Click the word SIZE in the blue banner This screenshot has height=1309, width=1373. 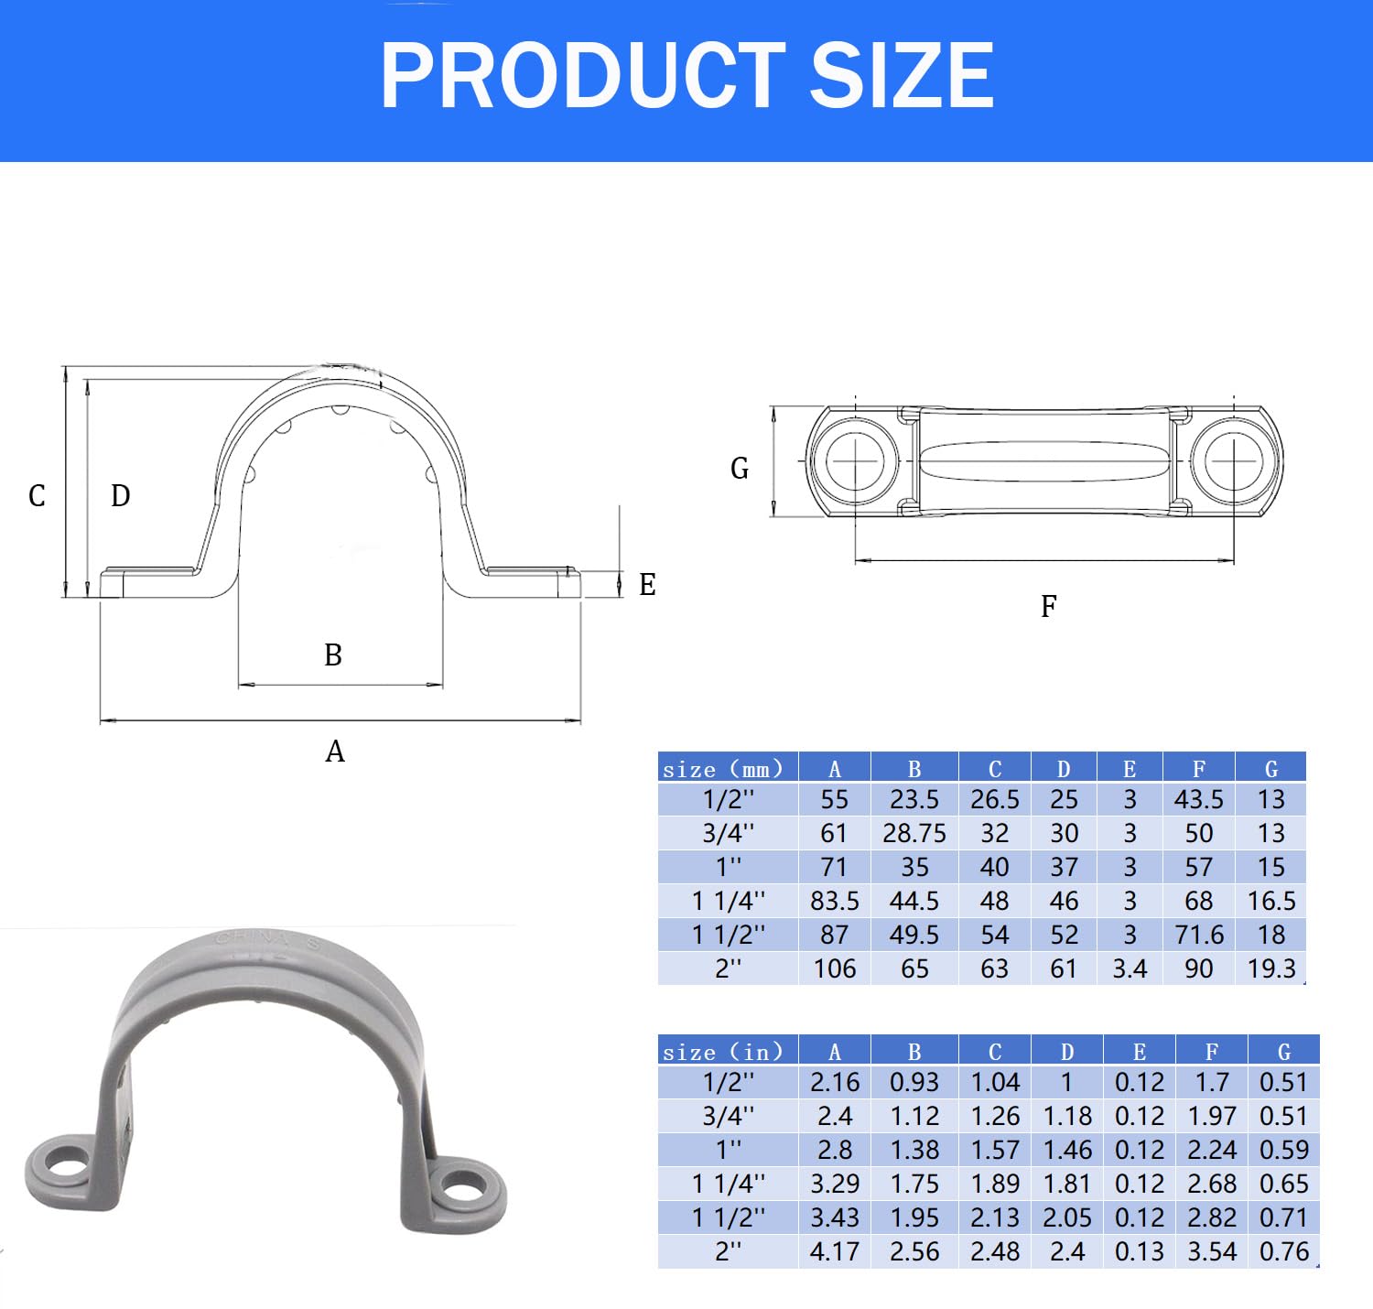pos(902,75)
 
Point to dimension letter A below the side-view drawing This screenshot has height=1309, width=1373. pos(335,752)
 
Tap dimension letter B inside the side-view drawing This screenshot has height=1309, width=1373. pos(333,655)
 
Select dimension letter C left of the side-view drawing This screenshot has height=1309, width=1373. pos(37,496)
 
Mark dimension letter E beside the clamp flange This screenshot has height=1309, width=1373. pos(647,585)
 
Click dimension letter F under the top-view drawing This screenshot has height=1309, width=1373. pos(1049,606)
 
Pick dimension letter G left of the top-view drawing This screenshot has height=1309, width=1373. pos(740,469)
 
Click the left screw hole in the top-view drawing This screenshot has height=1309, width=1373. pos(855,460)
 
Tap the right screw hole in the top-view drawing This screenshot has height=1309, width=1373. pos(1233,460)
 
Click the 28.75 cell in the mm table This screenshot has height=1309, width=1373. pos(914,834)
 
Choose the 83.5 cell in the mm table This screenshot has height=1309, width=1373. pos(834,902)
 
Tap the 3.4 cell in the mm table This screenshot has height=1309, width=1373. pos(1130,968)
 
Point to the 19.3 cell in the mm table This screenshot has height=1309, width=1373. pos(1270,968)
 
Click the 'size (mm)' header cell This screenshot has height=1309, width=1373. pos(723,769)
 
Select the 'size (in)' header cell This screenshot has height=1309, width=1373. pos(723,1052)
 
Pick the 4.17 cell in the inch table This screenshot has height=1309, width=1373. pos(834,1251)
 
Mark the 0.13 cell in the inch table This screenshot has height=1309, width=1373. pos(1139,1251)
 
